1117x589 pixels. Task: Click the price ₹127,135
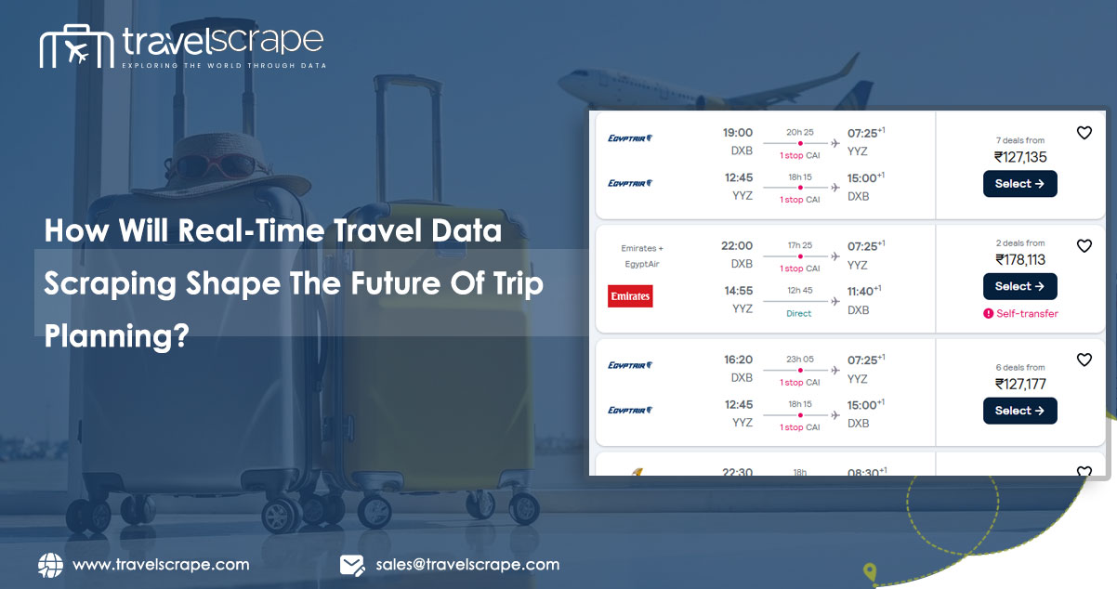coord(1020,157)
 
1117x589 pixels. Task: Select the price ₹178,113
coord(1020,260)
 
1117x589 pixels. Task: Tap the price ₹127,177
coord(1020,384)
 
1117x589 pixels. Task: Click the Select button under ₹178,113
coord(1019,286)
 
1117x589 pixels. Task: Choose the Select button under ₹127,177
coord(1019,411)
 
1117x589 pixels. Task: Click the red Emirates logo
coord(630,295)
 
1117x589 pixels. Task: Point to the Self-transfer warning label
coord(1020,313)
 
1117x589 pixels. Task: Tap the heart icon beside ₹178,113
coord(1084,246)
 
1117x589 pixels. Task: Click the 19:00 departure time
coord(737,133)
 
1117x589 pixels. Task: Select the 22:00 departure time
coord(737,246)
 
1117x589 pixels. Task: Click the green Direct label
coord(798,314)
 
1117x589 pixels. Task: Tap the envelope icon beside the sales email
coord(351,565)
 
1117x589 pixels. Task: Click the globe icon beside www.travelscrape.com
coord(50,565)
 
